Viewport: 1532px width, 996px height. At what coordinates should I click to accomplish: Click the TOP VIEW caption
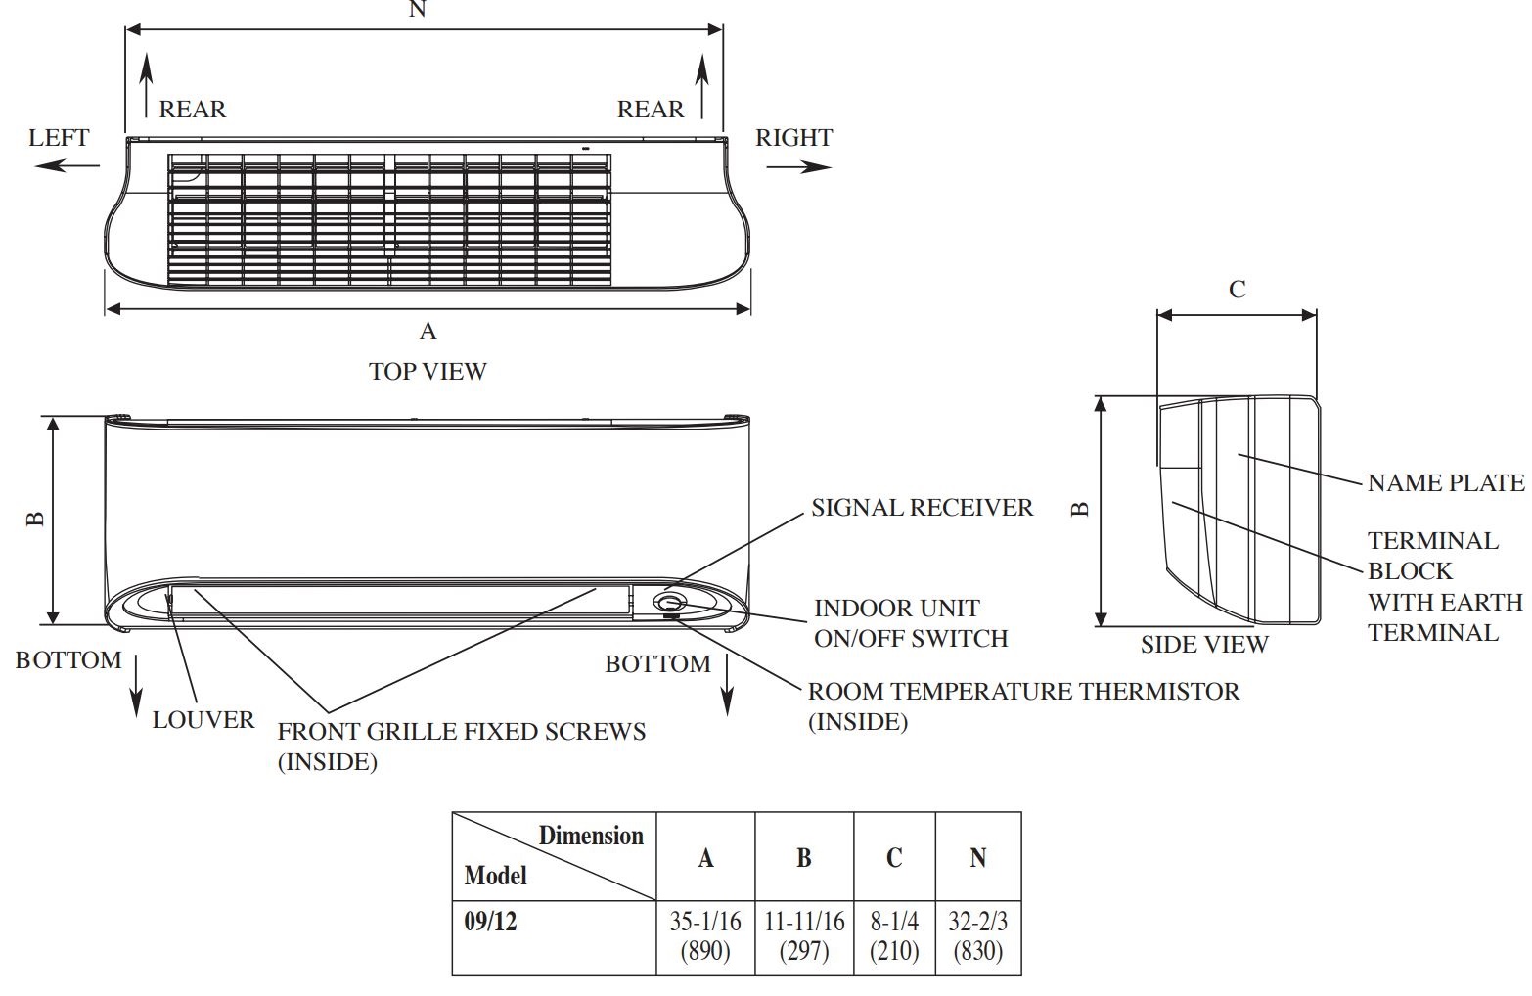pos(428,372)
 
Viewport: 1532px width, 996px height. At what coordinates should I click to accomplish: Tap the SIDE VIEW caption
pos(1203,645)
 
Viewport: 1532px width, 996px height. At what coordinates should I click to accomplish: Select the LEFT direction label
pos(59,138)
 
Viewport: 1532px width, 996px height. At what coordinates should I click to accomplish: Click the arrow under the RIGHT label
pos(798,167)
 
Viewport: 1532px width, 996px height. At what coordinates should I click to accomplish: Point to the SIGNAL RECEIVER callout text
pos(922,508)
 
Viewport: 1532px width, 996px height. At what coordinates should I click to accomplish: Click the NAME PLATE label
pos(1445,482)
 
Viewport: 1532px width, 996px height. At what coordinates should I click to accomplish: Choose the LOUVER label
pos(203,720)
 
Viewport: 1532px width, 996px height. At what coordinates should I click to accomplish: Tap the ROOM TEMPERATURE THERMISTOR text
pos(1023,692)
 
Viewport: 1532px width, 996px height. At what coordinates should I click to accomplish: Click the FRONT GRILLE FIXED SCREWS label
pos(462,732)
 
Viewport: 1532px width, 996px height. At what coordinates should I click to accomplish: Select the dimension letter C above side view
pos(1237,290)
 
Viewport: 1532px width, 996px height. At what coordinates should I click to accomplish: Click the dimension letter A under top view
pos(428,332)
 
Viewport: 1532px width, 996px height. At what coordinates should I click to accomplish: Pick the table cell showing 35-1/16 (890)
pos(705,936)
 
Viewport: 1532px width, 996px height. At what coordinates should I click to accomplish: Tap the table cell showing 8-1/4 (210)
pos(894,936)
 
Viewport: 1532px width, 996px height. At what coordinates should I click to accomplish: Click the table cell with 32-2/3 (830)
pos(977,936)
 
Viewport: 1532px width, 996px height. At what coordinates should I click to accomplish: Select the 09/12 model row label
pos(490,922)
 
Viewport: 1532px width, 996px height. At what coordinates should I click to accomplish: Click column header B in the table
pos(803,858)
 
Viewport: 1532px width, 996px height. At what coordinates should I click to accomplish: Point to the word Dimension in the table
pos(591,836)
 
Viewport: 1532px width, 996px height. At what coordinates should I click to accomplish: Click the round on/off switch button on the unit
pos(670,603)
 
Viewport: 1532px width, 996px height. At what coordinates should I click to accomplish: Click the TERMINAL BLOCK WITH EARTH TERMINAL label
pos(1444,586)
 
